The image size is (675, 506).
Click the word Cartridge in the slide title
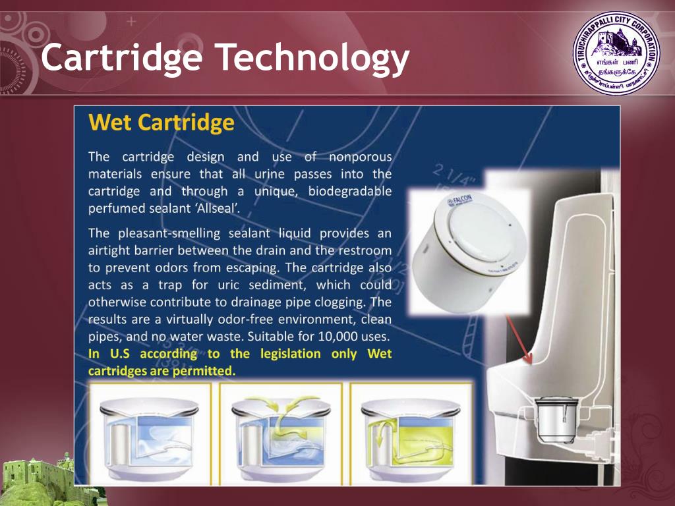click(121, 58)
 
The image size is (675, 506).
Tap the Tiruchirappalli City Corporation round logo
click(616, 57)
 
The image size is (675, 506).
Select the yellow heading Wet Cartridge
click(161, 123)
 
